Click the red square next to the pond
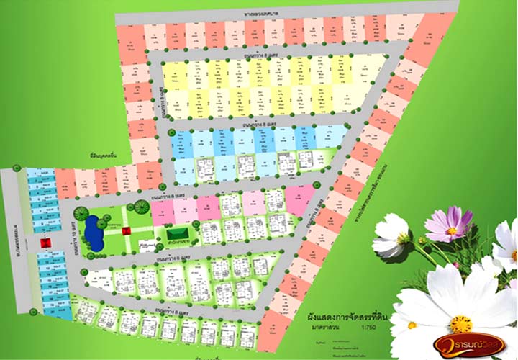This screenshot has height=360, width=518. (126, 230)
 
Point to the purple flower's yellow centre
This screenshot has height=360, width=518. (452, 231)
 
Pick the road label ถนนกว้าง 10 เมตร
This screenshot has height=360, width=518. (73, 238)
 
